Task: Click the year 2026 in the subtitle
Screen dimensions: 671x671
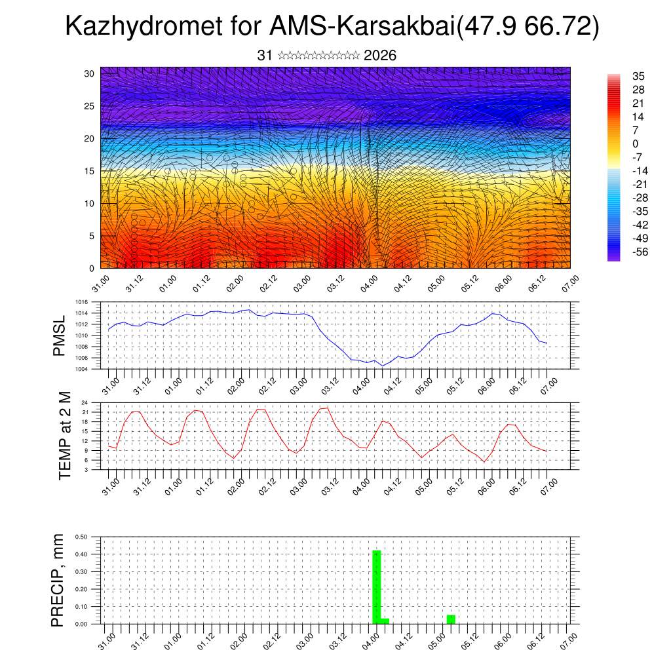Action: coord(379,56)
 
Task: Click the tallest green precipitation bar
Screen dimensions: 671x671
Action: coord(376,586)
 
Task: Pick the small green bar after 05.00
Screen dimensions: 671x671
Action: coord(451,619)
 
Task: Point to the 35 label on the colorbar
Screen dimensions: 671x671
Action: coord(639,76)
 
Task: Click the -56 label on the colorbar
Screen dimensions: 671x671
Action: coord(637,252)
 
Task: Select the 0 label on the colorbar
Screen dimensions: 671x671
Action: coord(635,144)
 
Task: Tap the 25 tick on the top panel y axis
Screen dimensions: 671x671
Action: coord(89,105)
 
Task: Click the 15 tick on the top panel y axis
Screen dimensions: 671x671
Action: coord(89,170)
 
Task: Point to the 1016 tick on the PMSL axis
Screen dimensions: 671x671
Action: coord(82,302)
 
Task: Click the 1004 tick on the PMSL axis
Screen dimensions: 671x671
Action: coord(82,369)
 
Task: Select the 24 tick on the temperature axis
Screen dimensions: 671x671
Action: coord(85,402)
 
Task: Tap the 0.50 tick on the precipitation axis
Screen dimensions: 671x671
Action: coord(82,537)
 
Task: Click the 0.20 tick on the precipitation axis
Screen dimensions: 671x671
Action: coord(82,589)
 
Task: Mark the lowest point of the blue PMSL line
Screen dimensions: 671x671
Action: coord(383,366)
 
